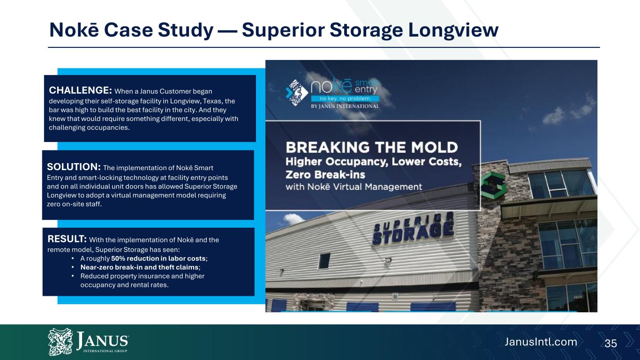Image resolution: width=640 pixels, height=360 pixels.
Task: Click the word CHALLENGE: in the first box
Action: coord(80,90)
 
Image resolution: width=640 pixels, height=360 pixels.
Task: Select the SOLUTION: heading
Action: coord(74,167)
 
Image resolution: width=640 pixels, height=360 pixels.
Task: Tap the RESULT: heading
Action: coord(67,239)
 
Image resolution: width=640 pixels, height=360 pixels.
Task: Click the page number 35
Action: coord(610,343)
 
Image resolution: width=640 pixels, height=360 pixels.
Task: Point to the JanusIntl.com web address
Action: coord(541,342)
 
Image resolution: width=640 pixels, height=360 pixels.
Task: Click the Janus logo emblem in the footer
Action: coord(60,342)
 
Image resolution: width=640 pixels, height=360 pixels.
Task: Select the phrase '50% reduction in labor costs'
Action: coord(158,259)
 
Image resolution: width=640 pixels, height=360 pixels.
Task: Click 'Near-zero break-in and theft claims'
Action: coord(139,268)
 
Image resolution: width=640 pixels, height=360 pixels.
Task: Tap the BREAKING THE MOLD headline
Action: coord(372,148)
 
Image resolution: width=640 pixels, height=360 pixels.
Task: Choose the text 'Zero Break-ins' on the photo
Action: coord(325,174)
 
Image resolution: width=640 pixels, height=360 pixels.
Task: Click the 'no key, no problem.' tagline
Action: coord(345,98)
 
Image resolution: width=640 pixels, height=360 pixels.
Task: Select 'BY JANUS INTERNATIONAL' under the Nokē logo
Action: coord(345,106)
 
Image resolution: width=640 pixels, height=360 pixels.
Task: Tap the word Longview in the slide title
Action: coord(453,30)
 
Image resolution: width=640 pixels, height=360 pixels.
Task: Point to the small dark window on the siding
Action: coord(324,261)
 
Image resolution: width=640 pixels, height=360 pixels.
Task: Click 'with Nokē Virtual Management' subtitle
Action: coord(354,187)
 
